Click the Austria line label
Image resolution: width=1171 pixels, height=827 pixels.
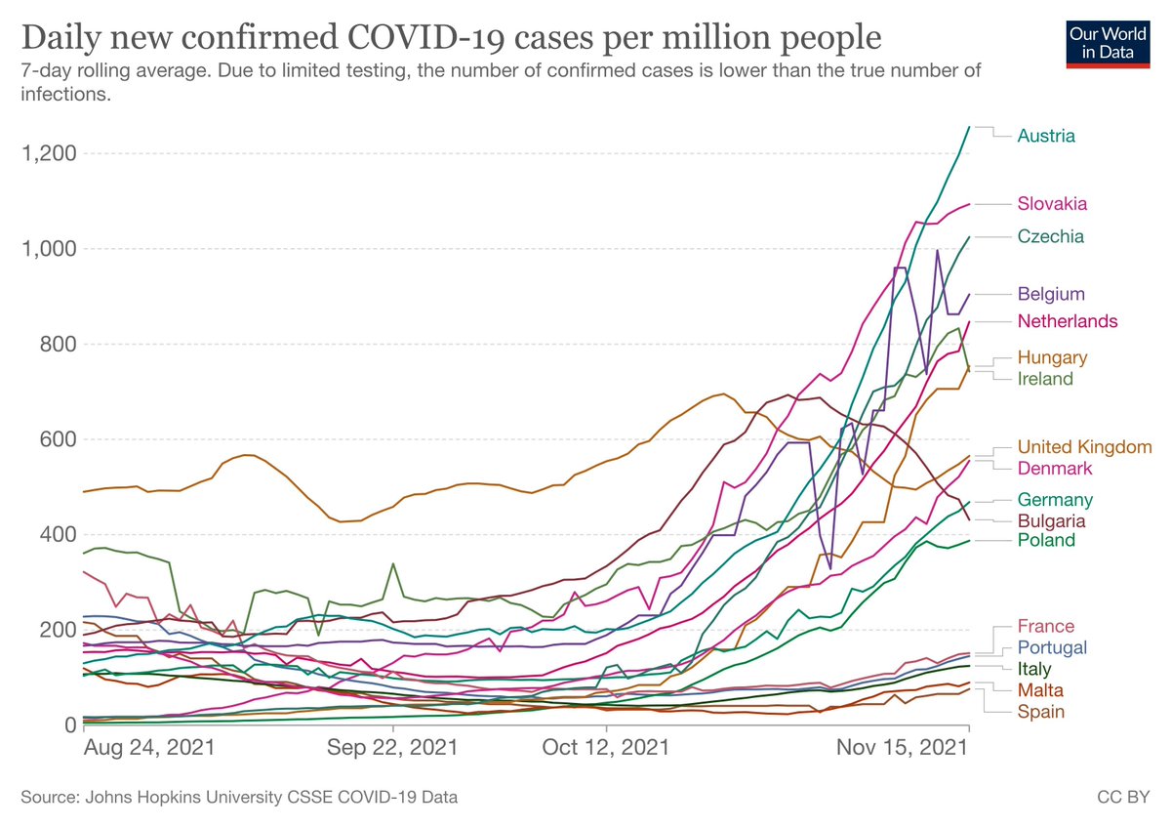(1046, 136)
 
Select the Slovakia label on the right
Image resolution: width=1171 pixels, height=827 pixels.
(1052, 204)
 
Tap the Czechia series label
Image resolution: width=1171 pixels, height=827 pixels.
(1051, 236)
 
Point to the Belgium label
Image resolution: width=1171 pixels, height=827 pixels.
(1051, 294)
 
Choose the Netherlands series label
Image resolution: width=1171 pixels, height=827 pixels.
(1068, 321)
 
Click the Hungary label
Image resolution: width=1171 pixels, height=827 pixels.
(1052, 357)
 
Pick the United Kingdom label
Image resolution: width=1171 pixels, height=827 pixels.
(1084, 446)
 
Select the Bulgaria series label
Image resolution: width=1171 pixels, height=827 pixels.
(1051, 520)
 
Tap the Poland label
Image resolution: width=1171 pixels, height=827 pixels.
(1046, 541)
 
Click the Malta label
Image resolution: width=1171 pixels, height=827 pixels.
(1040, 690)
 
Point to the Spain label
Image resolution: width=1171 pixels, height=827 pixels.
(1040, 712)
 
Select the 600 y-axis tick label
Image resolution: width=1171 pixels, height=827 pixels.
(59, 439)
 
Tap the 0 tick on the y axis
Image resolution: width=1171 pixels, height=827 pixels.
(71, 724)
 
